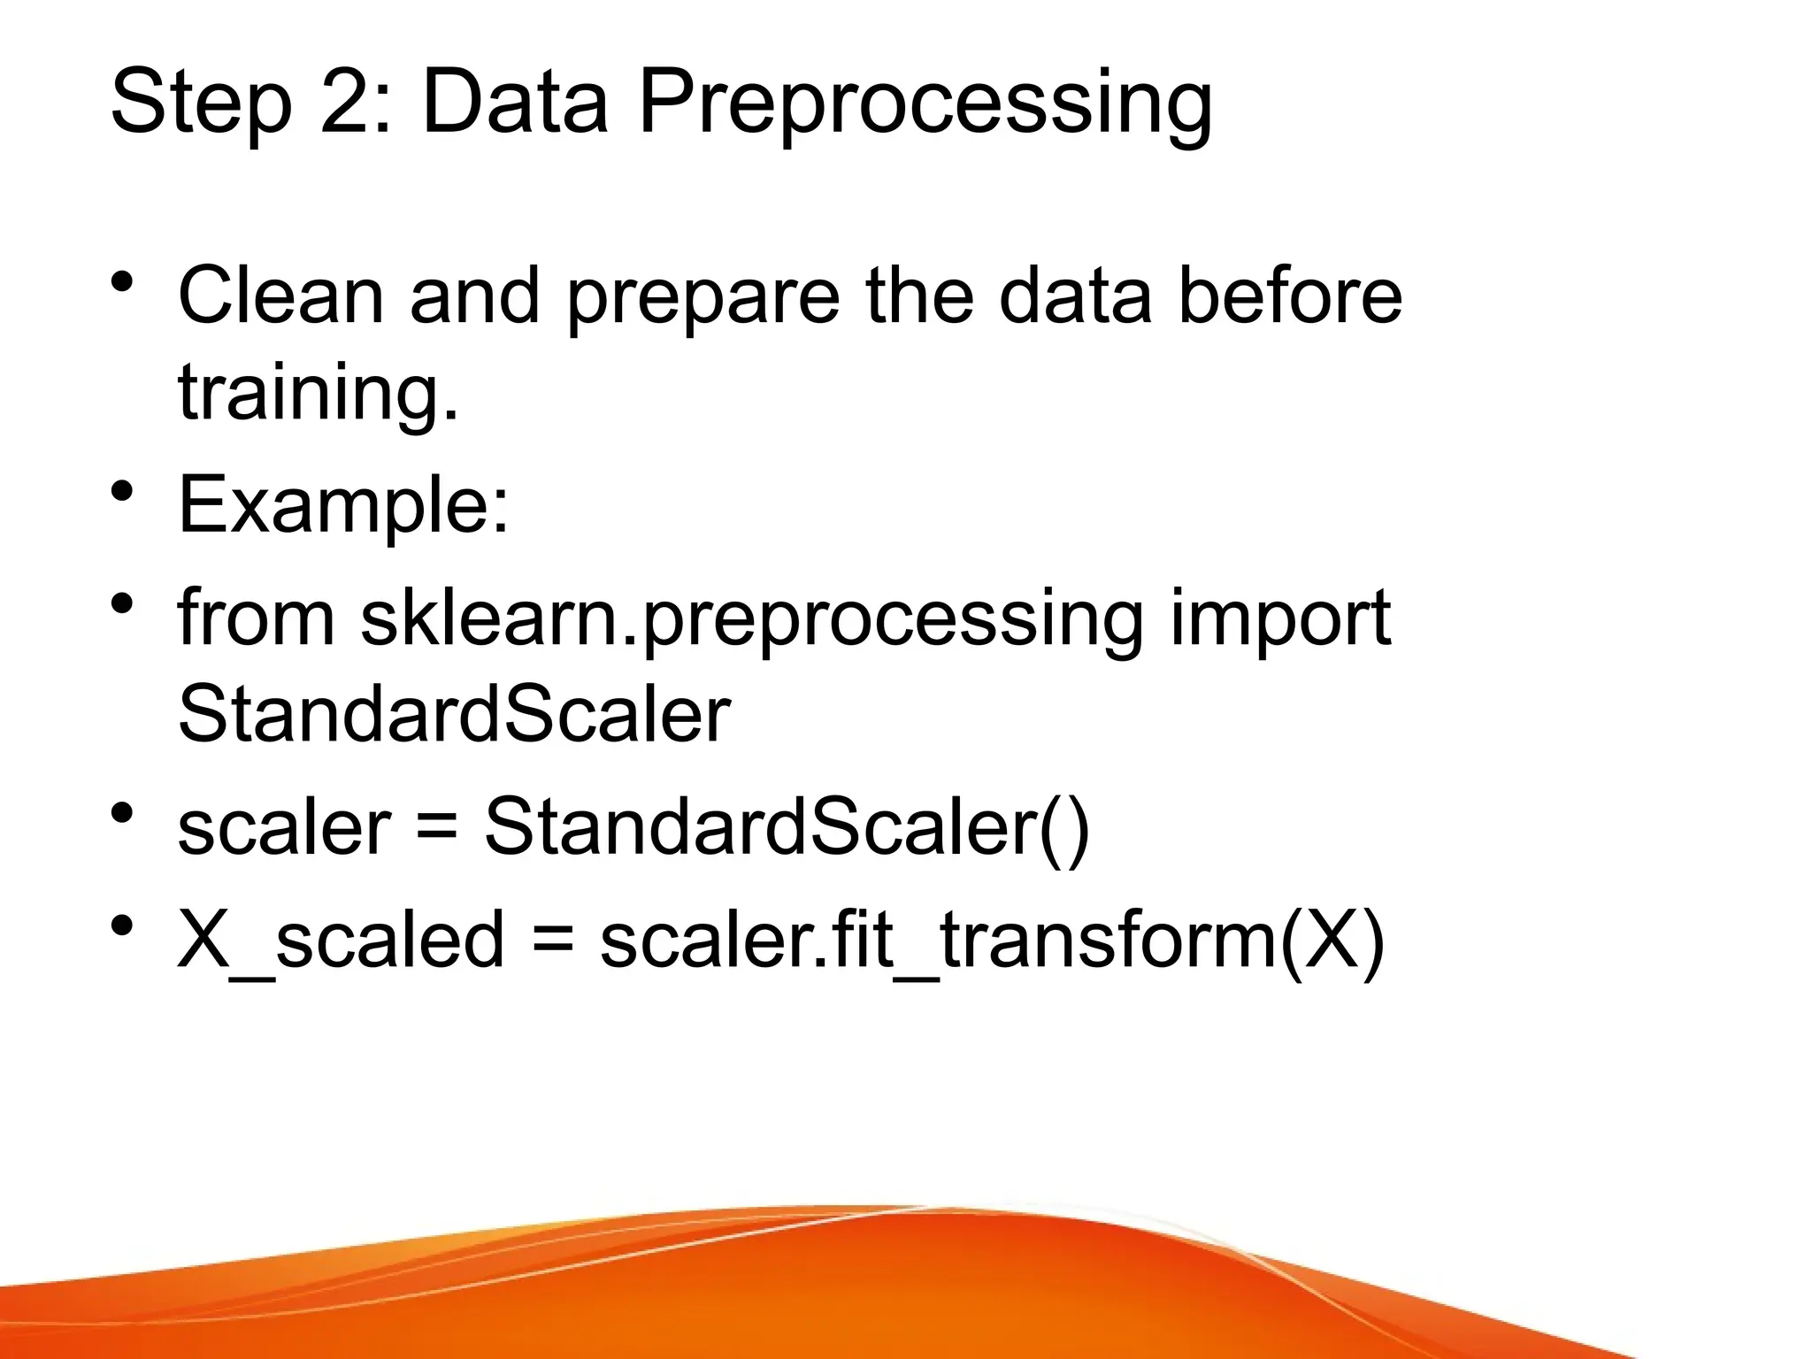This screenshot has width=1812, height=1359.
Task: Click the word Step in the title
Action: pyautogui.click(x=201, y=104)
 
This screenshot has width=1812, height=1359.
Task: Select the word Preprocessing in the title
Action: pyautogui.click(x=925, y=104)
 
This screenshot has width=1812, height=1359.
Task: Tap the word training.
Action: pyautogui.click(x=319, y=393)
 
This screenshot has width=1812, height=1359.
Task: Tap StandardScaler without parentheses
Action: pyautogui.click(x=454, y=714)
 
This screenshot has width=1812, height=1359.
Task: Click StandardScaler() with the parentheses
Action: pyautogui.click(x=787, y=826)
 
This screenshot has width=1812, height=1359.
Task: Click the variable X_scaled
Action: pyautogui.click(x=341, y=940)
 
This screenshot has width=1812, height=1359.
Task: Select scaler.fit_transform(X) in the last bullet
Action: pyautogui.click(x=992, y=940)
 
